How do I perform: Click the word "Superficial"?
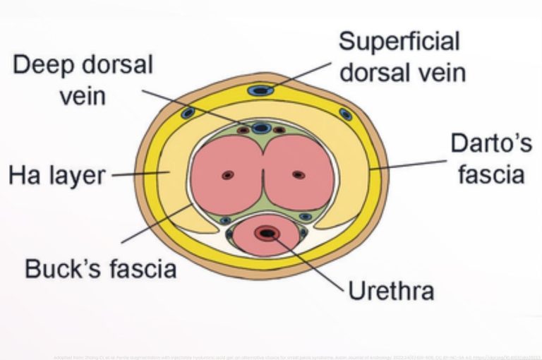pyautogui.click(x=399, y=41)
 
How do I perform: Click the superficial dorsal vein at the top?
pyautogui.click(x=261, y=90)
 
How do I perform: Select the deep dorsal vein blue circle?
pyautogui.click(x=262, y=128)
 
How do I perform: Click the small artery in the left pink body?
pyautogui.click(x=227, y=175)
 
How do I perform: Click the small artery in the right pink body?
pyautogui.click(x=299, y=174)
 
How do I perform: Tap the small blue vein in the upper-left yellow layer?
pyautogui.click(x=188, y=113)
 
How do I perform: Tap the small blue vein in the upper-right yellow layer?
pyautogui.click(x=345, y=114)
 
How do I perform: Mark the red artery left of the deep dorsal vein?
pyautogui.click(x=242, y=131)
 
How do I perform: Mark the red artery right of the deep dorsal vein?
pyautogui.click(x=280, y=131)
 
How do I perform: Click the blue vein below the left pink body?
pyautogui.click(x=225, y=220)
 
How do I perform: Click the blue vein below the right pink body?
pyautogui.click(x=305, y=217)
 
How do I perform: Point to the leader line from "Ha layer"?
pyautogui.click(x=134, y=174)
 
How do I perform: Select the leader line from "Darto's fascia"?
pyautogui.click(x=409, y=164)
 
